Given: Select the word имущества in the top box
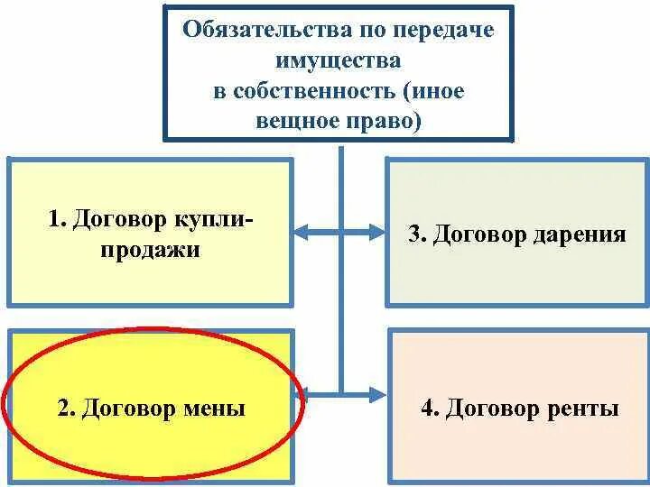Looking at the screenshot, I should tap(338, 61).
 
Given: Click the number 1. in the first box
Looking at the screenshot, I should tap(59, 219).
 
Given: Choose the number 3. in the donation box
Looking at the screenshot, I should tap(417, 235).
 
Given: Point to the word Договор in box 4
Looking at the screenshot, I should tap(493, 409).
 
